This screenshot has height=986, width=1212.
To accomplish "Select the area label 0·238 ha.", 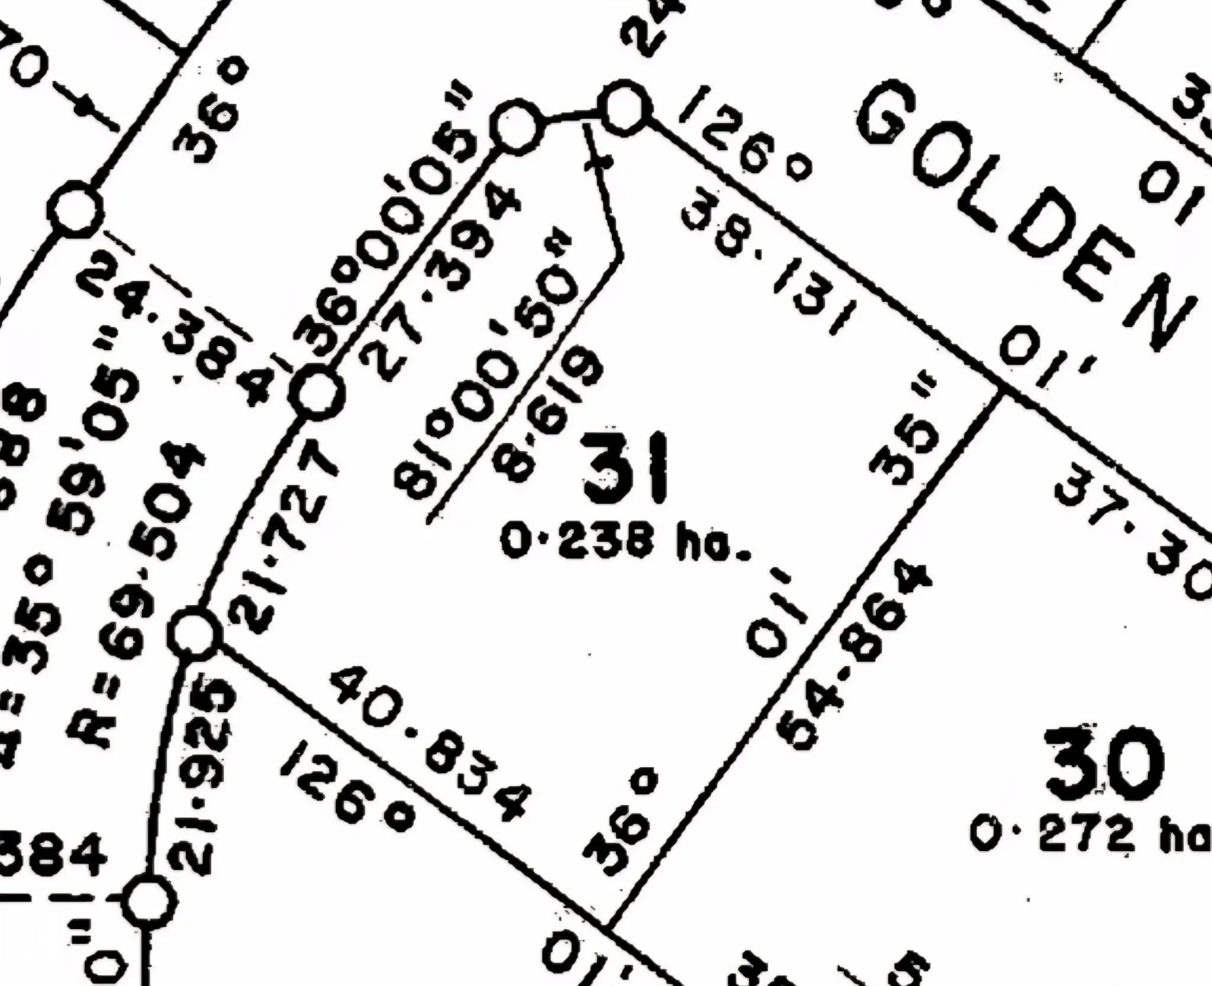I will coord(624,543).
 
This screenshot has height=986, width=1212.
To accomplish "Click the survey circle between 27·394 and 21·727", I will coord(318,393).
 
